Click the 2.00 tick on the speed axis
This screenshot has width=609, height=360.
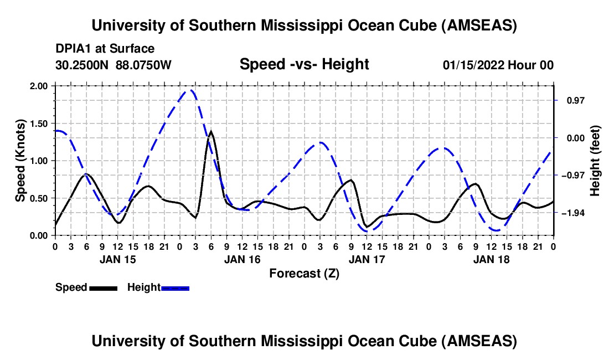(39, 86)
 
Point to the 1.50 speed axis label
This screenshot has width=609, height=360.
(39, 124)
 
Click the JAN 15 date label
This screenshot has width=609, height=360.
(117, 259)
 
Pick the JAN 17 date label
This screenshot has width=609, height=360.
(367, 259)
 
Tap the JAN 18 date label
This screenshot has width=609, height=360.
(491, 259)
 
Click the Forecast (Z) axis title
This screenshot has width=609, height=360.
(304, 273)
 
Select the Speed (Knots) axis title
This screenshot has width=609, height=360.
(20, 161)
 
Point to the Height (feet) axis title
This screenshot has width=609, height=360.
(596, 161)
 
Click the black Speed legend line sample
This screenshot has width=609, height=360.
(103, 287)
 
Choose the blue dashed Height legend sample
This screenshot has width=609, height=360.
(175, 287)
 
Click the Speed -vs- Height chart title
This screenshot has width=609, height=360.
(304, 64)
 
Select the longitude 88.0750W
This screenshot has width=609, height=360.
(144, 65)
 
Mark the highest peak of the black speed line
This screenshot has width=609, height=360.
(211, 132)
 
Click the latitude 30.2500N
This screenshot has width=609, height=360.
(83, 65)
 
